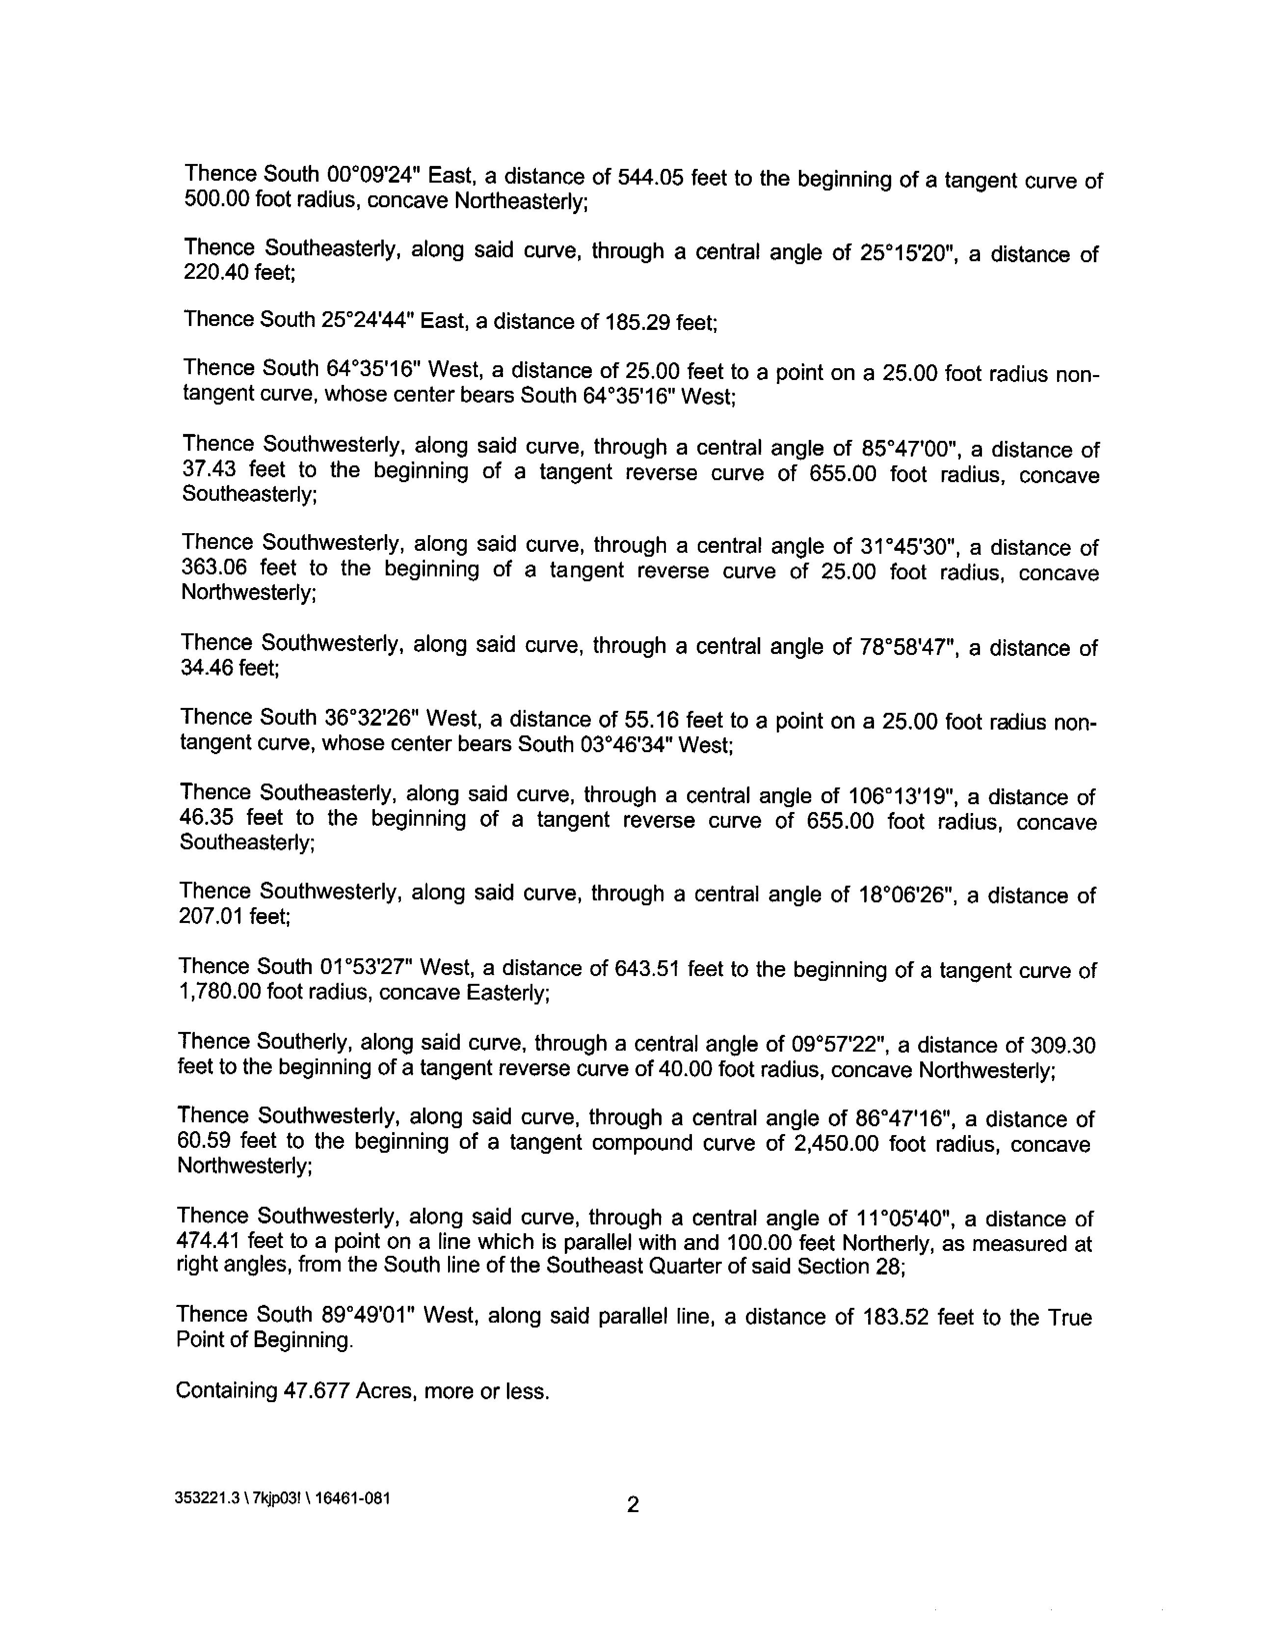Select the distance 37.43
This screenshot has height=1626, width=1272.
208,469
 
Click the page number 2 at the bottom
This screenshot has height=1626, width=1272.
632,1505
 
